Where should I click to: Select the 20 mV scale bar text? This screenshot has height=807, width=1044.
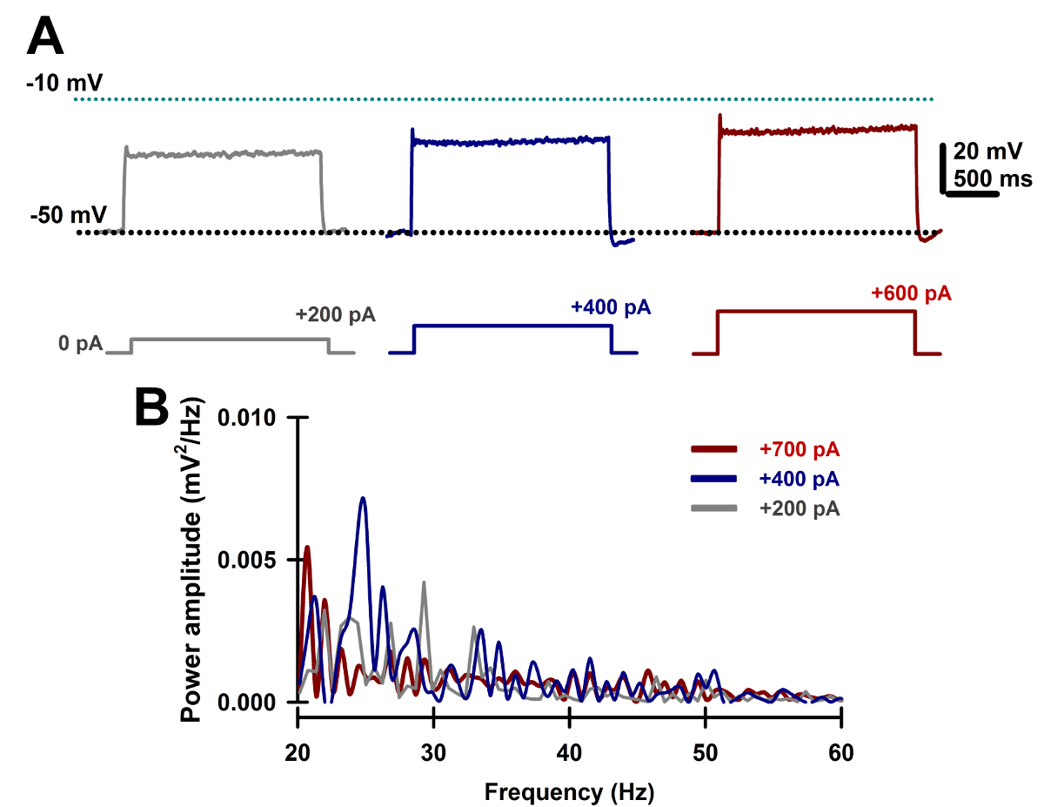(987, 151)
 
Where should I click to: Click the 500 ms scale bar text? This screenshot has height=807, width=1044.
(992, 178)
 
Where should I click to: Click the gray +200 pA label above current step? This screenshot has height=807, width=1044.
(335, 314)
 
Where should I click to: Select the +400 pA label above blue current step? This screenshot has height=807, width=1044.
(611, 306)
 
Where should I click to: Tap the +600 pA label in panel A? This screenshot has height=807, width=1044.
(911, 293)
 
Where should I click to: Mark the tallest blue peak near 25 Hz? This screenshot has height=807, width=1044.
(363, 499)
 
